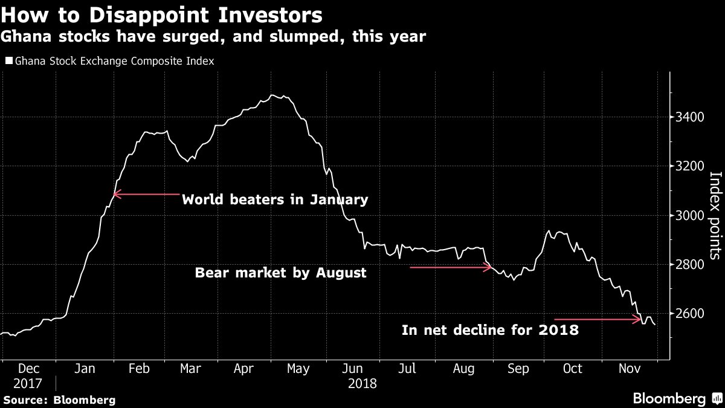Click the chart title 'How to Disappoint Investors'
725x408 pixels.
pos(161,14)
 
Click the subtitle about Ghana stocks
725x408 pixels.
pos(213,37)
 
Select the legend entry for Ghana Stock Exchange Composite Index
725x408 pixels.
pos(111,61)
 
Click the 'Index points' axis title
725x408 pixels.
pos(715,215)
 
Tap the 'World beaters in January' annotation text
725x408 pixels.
pos(275,199)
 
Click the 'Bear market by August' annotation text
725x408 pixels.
pos(280,273)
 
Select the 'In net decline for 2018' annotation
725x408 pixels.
pos(490,330)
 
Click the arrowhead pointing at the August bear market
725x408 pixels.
pos(489,267)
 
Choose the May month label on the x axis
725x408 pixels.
pos(298,369)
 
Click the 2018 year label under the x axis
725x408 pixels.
pos(362,383)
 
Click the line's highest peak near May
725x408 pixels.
pos(273,95)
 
